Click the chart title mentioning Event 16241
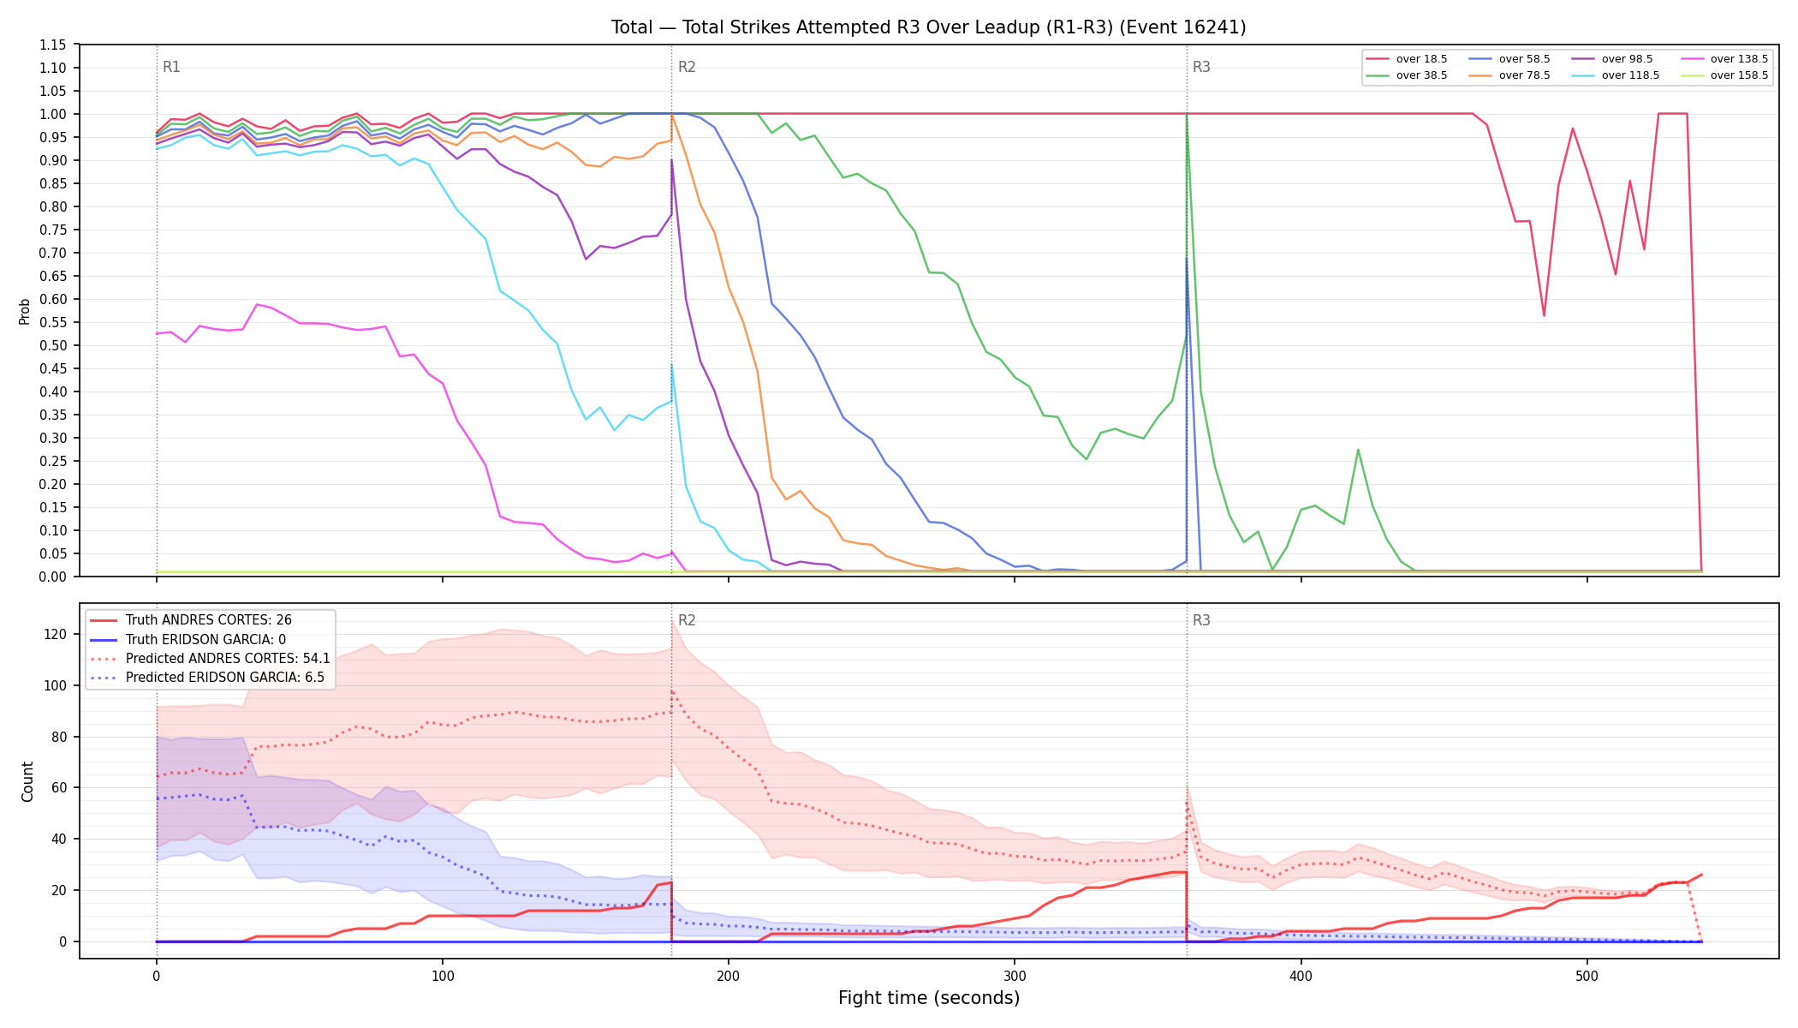928,27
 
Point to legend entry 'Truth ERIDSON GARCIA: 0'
188,640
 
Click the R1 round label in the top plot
171,67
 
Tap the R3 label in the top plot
1201,67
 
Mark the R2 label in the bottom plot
687,620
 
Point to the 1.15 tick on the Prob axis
53,45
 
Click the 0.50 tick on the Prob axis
53,345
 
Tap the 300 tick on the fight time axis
1015,976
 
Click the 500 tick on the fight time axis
1587,976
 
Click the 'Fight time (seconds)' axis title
929,998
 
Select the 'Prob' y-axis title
25,311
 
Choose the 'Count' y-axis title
27,781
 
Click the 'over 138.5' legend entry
1712,59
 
